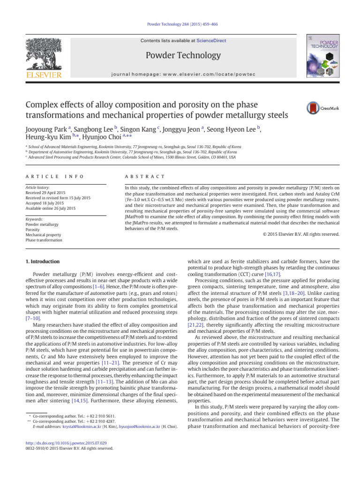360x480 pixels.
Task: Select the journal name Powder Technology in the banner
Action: [183, 56]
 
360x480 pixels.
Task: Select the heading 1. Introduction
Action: [42, 262]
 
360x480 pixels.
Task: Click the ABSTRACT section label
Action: [142, 176]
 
